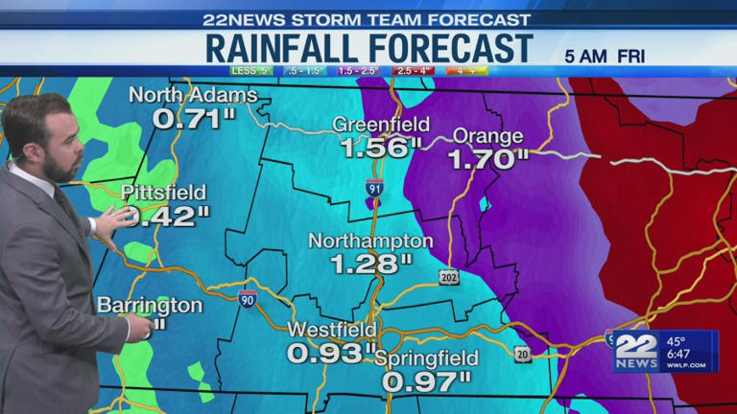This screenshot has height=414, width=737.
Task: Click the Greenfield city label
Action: pos(377,125)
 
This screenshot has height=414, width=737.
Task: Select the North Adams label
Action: pos(193,95)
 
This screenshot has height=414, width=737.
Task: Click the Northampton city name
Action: pos(370,241)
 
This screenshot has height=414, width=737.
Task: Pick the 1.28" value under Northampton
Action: pos(372,263)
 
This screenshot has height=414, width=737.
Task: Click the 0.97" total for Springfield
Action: pos(427,380)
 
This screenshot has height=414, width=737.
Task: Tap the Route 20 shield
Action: pos(521,354)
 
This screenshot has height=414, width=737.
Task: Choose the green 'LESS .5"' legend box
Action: pos(251,70)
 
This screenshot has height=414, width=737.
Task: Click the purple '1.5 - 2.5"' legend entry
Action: pos(358,70)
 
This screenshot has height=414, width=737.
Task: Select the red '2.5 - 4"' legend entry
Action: pos(413,70)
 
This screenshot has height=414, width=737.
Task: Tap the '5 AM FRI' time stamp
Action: pos(603,56)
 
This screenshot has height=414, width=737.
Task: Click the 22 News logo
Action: pos(635,352)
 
